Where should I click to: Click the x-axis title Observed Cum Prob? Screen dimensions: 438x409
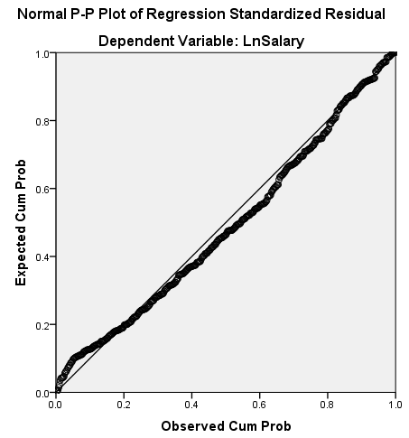(225, 425)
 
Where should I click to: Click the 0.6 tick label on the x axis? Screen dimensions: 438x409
(259, 405)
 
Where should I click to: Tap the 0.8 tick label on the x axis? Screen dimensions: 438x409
(327, 405)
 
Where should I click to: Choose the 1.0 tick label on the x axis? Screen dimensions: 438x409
(395, 405)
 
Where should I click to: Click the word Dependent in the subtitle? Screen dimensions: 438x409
(135, 42)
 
